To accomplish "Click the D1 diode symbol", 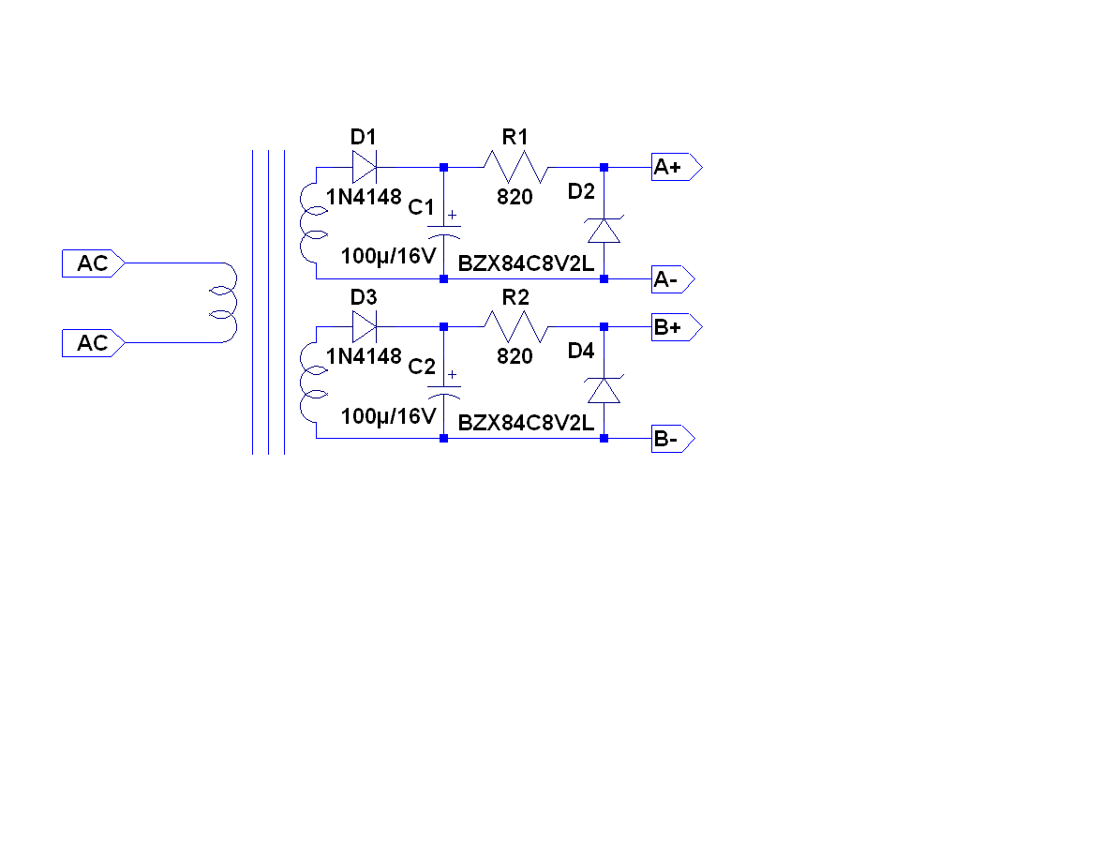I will (365, 168).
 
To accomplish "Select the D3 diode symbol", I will (365, 327).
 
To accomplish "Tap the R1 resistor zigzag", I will (515, 168).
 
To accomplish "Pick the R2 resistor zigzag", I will (515, 327).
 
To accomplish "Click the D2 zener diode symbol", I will (604, 231).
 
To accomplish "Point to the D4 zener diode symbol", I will (604, 390).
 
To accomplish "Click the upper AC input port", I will (93, 264).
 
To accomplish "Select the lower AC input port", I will (93, 343).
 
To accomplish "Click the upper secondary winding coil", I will (310, 223).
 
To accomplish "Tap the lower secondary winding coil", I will (310, 383).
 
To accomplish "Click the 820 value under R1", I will (515, 198).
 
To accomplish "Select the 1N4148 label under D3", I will (364, 356).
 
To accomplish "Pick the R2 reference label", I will (515, 298).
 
